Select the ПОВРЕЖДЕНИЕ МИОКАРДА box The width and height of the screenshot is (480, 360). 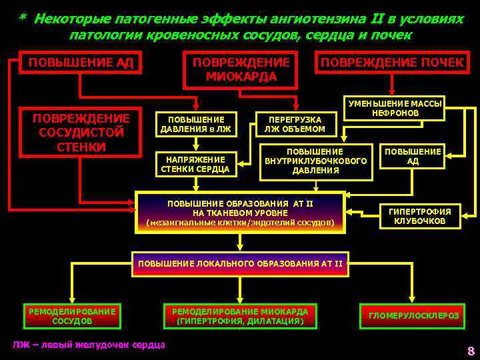(x=241, y=69)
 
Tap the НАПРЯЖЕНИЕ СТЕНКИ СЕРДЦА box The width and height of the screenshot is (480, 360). (x=195, y=164)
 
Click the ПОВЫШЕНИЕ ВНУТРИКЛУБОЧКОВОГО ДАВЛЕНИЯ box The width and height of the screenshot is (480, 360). (x=316, y=160)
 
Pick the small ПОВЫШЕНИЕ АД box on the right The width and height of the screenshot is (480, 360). (x=422, y=156)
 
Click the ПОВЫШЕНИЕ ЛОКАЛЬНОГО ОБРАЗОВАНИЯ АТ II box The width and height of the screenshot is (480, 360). (x=240, y=264)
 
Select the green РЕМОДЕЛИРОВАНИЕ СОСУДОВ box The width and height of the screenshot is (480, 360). (x=71, y=316)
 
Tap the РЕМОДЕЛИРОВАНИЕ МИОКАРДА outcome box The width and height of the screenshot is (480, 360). (x=240, y=316)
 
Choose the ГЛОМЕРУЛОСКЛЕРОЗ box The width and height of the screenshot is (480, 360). (x=413, y=316)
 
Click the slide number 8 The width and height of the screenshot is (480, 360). (x=471, y=351)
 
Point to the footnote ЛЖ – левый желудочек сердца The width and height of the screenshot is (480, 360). (x=89, y=344)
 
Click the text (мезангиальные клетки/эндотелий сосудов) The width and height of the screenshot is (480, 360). (x=240, y=222)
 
